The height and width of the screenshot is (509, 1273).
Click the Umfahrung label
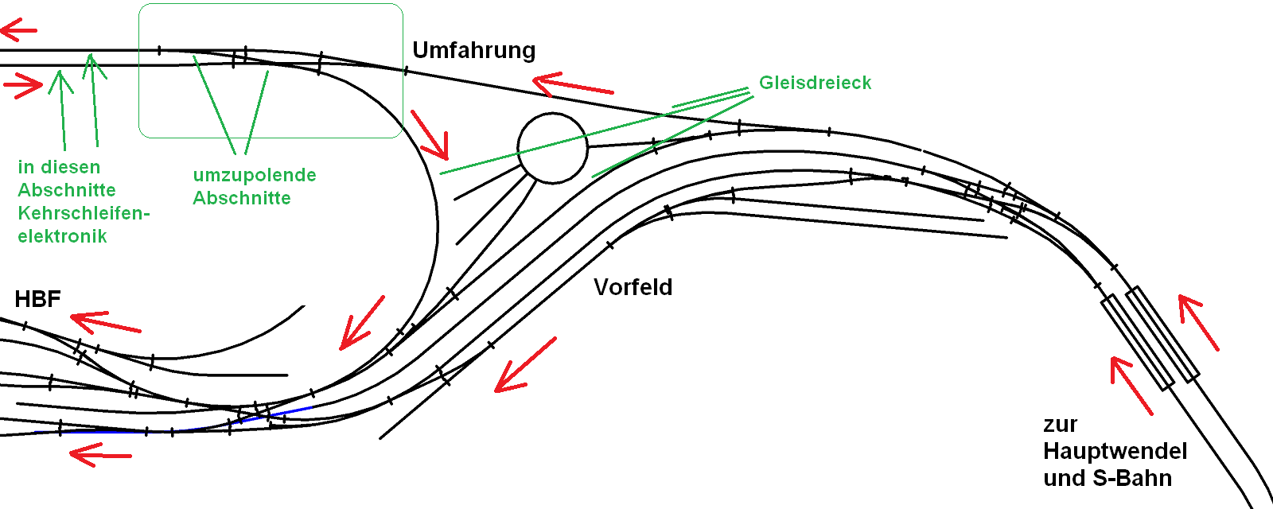click(473, 50)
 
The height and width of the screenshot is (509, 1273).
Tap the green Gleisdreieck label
click(815, 83)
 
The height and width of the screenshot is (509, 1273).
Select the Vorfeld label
click(633, 287)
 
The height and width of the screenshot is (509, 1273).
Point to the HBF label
click(37, 299)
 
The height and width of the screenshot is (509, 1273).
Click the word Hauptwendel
click(1115, 452)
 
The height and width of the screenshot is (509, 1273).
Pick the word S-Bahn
click(1130, 479)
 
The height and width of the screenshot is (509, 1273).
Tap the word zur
click(1060, 425)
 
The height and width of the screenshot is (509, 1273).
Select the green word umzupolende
click(255, 175)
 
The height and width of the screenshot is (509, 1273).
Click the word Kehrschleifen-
click(84, 213)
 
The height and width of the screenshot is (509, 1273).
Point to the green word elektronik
click(62, 236)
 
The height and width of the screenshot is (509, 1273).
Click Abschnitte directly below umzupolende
click(242, 198)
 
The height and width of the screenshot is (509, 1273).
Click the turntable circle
click(552, 148)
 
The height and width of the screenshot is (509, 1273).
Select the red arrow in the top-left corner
click(18, 31)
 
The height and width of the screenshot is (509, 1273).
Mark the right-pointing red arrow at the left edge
click(23, 84)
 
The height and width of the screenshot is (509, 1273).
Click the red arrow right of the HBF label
click(105, 322)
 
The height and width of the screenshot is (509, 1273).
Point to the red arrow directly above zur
click(1131, 385)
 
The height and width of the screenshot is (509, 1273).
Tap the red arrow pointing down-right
click(430, 134)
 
